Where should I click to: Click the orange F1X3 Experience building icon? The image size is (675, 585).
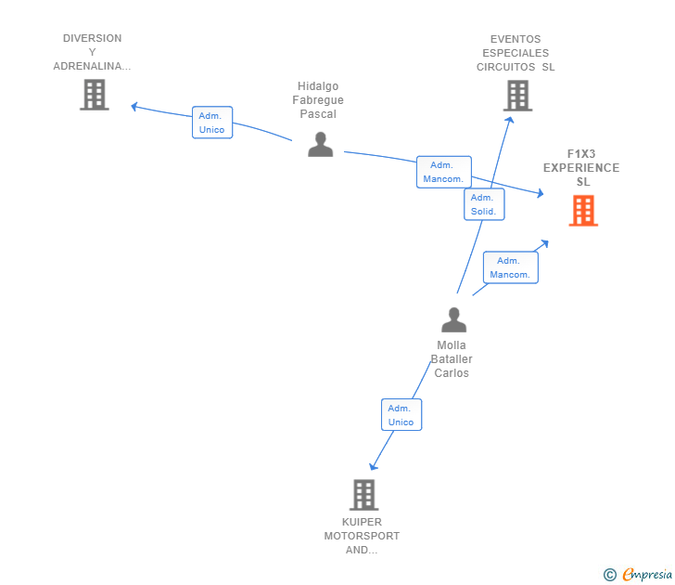pyautogui.click(x=583, y=211)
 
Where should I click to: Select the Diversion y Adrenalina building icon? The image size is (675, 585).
pyautogui.click(x=94, y=95)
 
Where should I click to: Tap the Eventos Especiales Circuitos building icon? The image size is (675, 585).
pyautogui.click(x=517, y=95)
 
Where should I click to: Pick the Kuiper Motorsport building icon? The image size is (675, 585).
pyautogui.click(x=363, y=495)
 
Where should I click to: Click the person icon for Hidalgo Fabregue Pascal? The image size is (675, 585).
pyautogui.click(x=321, y=145)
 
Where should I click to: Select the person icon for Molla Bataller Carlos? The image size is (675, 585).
pyautogui.click(x=453, y=319)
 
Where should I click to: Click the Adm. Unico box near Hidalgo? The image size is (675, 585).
pyautogui.click(x=211, y=123)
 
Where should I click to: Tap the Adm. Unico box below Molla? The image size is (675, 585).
pyautogui.click(x=401, y=415)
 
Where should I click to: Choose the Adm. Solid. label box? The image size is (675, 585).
pyautogui.click(x=483, y=204)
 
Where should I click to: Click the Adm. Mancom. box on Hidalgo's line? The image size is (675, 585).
pyautogui.click(x=443, y=172)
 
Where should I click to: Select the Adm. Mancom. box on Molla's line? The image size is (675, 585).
pyautogui.click(x=510, y=267)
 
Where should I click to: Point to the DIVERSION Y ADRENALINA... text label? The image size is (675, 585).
pyautogui.click(x=92, y=52)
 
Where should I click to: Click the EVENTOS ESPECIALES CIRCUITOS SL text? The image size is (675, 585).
pyautogui.click(x=516, y=53)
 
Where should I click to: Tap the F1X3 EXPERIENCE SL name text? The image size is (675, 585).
pyautogui.click(x=581, y=168)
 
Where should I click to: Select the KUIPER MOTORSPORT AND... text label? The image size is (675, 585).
pyautogui.click(x=362, y=536)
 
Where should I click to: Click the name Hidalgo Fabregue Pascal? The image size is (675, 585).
pyautogui.click(x=318, y=100)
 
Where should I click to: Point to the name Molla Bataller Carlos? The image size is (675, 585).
pyautogui.click(x=452, y=359)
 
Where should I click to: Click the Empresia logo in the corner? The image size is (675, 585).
pyautogui.click(x=647, y=574)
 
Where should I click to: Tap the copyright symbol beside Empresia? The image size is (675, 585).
pyautogui.click(x=609, y=575)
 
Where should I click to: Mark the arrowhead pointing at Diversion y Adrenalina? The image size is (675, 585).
pyautogui.click(x=134, y=107)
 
